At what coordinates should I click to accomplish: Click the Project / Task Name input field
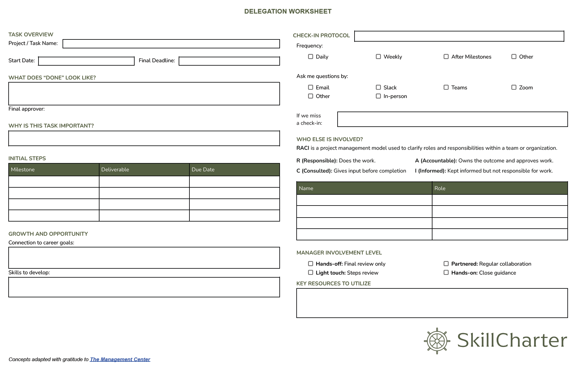tap(171, 44)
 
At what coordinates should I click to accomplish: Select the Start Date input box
tap(86, 61)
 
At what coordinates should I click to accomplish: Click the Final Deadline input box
tap(229, 61)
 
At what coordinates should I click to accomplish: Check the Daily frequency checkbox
tap(310, 57)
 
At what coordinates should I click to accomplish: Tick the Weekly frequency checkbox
tap(378, 57)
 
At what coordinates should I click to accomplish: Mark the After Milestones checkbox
tap(446, 57)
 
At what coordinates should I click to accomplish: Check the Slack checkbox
tap(378, 88)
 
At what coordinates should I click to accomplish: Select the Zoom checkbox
tap(514, 88)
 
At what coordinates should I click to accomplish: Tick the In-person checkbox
tap(378, 96)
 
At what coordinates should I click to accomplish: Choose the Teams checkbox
tap(446, 88)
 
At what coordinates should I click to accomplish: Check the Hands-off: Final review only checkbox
tap(310, 264)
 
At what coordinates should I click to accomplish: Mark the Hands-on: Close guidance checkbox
tap(446, 273)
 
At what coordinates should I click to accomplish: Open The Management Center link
tap(120, 359)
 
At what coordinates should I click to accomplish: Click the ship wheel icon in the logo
tap(437, 341)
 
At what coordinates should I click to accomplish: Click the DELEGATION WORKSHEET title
tap(288, 11)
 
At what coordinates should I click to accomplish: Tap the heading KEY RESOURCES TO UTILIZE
tap(333, 283)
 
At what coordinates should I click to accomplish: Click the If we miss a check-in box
tap(452, 119)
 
